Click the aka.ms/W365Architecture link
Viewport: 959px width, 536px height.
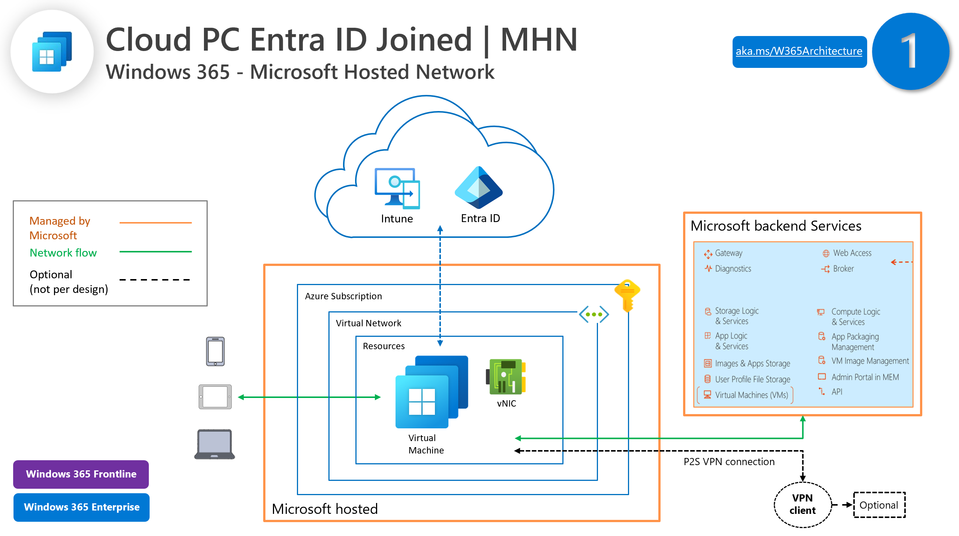799,51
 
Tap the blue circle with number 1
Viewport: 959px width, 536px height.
910,51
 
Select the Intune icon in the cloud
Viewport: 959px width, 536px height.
397,188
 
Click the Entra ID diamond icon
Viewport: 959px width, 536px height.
478,188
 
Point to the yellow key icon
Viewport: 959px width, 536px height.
627,295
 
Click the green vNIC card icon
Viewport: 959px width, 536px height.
506,377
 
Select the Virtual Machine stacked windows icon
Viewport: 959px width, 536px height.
431,392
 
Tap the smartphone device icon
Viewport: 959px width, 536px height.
215,351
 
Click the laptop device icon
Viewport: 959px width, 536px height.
214,444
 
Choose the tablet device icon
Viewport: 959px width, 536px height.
215,396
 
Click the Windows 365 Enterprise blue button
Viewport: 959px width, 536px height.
81,507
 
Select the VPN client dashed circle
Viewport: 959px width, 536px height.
802,504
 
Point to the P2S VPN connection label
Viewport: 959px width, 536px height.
728,461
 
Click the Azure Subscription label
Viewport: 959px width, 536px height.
343,296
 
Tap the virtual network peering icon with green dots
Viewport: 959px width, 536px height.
593,314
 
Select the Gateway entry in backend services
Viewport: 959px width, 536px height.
728,253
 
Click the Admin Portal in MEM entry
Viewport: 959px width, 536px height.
865,377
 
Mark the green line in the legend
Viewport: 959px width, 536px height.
155,252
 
